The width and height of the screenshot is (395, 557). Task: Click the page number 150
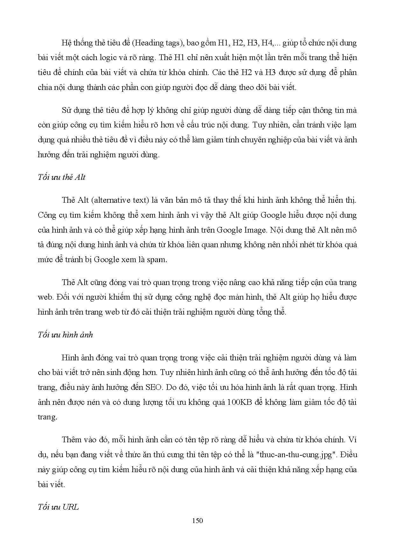click(197, 521)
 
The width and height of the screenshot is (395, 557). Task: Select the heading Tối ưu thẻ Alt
click(61, 177)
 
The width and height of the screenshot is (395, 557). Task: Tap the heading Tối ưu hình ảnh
click(65, 335)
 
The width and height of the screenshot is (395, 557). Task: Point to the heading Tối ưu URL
click(58, 507)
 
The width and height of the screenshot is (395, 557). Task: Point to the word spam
click(156, 260)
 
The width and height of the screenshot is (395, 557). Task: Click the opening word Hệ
click(67, 43)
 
